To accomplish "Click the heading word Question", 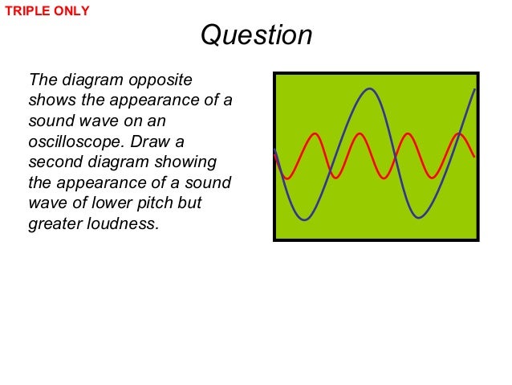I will (255, 36).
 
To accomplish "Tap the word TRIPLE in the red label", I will (26, 11).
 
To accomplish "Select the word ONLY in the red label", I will (71, 11).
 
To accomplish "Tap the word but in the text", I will (189, 203).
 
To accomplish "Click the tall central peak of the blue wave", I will (368, 89).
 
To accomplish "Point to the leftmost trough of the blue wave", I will (305, 219).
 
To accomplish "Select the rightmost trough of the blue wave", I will (417, 217).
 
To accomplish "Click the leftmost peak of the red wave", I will (316, 134).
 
